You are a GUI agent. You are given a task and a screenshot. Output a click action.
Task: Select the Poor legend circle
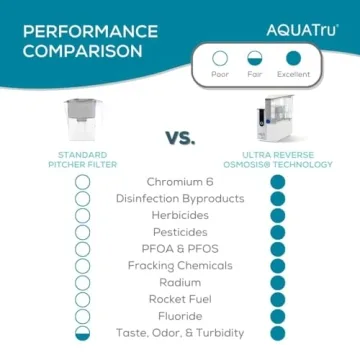(220, 59)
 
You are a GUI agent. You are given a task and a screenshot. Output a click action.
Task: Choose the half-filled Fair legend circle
(255, 59)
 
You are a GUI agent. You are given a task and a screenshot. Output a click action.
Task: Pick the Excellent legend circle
(293, 59)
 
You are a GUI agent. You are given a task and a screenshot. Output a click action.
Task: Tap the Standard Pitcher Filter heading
(82, 160)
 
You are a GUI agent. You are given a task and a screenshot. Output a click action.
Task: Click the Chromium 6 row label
(180, 182)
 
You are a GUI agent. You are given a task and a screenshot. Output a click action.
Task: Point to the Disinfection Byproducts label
(180, 198)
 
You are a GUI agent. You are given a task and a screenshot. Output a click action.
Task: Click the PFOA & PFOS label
(180, 249)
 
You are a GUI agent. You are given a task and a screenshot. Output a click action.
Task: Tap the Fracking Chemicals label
(180, 266)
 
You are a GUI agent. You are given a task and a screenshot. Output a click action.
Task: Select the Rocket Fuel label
(180, 299)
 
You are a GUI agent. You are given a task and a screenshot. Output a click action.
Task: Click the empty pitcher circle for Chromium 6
(83, 182)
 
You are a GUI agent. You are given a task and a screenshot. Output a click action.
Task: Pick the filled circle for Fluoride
(278, 316)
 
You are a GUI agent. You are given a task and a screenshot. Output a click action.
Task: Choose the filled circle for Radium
(278, 283)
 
